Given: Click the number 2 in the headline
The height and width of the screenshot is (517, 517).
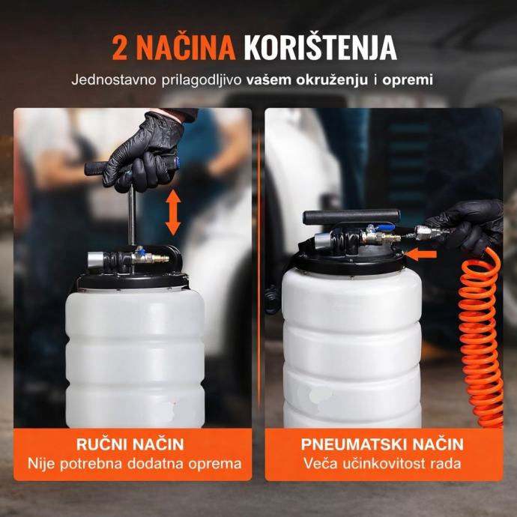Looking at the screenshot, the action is (119, 48).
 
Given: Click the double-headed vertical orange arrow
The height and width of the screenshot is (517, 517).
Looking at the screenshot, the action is (173, 212).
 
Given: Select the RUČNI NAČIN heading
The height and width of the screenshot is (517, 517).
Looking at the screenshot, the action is (130, 444).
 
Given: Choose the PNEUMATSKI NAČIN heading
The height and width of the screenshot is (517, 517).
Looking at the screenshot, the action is (382, 444).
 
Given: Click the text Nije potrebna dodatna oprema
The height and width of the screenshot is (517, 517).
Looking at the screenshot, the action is (135, 464).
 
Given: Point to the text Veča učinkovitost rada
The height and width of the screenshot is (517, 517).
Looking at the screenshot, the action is (382, 464).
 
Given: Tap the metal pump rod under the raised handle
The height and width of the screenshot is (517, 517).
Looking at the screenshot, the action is (132, 216).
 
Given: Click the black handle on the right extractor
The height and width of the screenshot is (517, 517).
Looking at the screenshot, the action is (351, 217).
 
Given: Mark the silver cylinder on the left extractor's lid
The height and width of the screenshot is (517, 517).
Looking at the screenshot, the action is (96, 260).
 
